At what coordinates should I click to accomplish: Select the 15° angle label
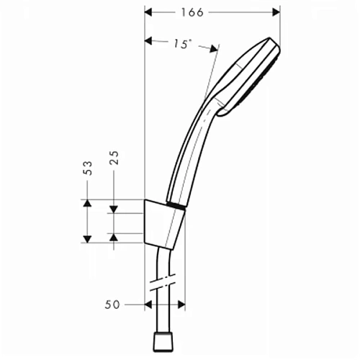(182, 45)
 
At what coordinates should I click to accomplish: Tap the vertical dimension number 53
(87, 169)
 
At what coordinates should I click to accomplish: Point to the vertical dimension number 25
(114, 158)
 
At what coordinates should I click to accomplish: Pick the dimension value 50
(112, 305)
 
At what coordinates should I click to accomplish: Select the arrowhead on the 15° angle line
(212, 49)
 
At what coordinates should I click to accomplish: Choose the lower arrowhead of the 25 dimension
(113, 236)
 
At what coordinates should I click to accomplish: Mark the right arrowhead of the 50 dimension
(181, 305)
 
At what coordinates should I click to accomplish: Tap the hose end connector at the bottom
(165, 340)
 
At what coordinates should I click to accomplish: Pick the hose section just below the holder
(166, 259)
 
